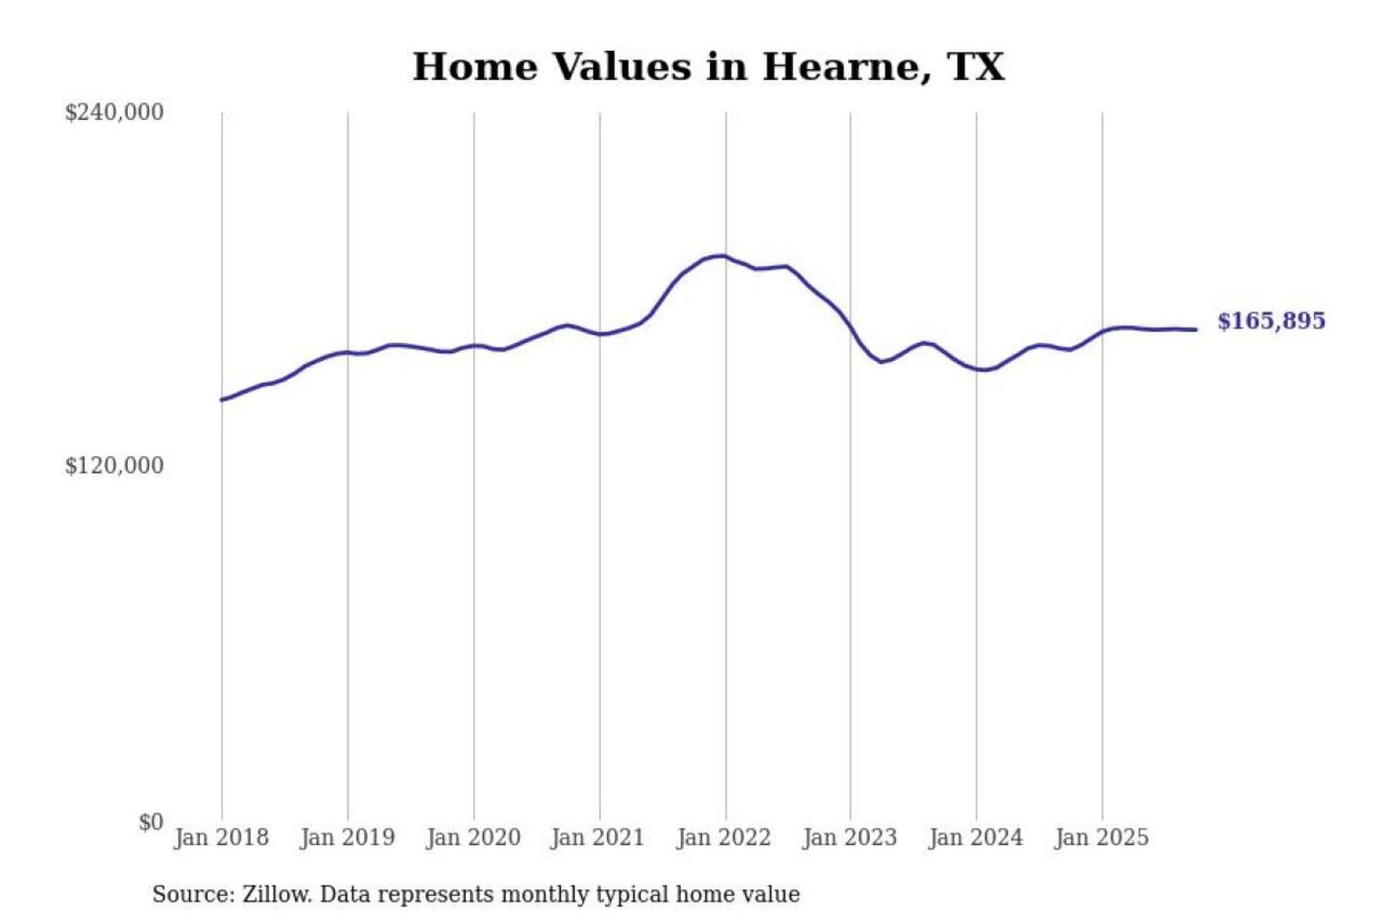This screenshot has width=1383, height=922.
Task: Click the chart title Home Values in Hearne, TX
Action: click(x=708, y=67)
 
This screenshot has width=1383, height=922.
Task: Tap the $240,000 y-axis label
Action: click(x=114, y=112)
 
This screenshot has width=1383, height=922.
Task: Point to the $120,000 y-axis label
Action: click(x=114, y=466)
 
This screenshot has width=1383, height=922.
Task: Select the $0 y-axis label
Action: click(x=151, y=822)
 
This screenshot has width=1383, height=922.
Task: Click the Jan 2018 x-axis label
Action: click(x=221, y=837)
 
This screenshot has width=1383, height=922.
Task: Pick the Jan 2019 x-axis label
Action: click(x=347, y=837)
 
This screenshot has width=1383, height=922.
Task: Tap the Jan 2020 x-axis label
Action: click(x=473, y=837)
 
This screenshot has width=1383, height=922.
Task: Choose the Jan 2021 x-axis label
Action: click(x=597, y=837)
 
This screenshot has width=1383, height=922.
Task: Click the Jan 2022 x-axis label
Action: click(x=723, y=837)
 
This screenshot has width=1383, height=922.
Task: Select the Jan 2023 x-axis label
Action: click(x=849, y=837)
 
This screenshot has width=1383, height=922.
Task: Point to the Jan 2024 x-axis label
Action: click(x=975, y=837)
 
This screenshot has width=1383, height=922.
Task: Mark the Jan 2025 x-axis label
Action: click(x=1101, y=837)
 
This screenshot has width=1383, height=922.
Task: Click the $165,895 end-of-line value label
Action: click(x=1271, y=321)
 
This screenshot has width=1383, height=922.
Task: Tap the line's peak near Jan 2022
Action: click(x=722, y=255)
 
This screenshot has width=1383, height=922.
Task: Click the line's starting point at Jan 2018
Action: click(x=222, y=400)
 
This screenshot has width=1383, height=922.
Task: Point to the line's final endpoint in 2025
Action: click(x=1196, y=329)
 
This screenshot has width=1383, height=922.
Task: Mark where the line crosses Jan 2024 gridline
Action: click(x=977, y=369)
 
